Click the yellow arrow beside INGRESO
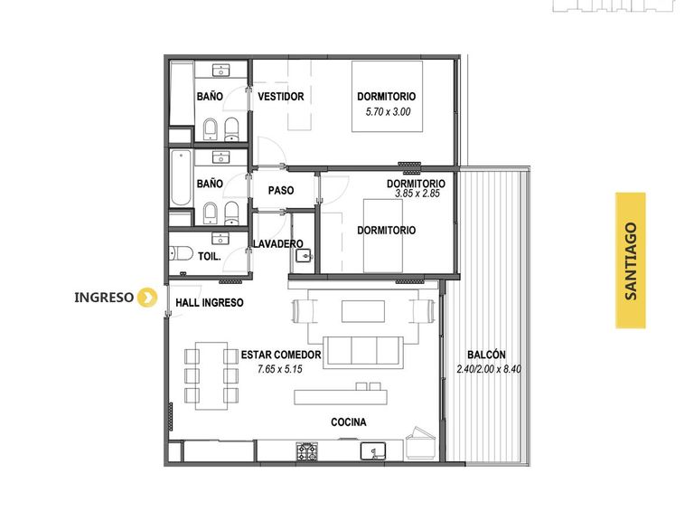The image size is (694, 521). click(x=147, y=298)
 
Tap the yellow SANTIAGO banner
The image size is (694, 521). click(x=631, y=260)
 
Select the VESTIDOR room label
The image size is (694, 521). click(x=281, y=97)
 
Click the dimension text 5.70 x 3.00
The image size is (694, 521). click(x=388, y=111)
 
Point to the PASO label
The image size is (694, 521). click(x=281, y=191)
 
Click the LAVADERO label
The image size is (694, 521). click(x=278, y=243)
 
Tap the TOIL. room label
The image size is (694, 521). click(x=210, y=257)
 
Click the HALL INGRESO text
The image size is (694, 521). click(x=210, y=303)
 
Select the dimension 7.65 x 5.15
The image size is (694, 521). click(x=280, y=369)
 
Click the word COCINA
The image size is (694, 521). click(x=349, y=422)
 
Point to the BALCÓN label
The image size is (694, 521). click(x=486, y=355)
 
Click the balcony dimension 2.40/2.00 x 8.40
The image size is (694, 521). click(x=489, y=369)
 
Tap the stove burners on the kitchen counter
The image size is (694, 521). click(x=306, y=451)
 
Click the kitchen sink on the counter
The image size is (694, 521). click(x=373, y=451)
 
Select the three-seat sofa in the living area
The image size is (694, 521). click(x=363, y=352)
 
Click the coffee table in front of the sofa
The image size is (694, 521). click(x=363, y=311)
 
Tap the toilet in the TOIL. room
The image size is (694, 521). click(x=181, y=254)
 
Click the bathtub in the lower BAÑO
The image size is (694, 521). click(x=181, y=178)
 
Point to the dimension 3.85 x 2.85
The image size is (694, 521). click(x=417, y=194)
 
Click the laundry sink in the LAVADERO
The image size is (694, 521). click(x=305, y=255)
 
